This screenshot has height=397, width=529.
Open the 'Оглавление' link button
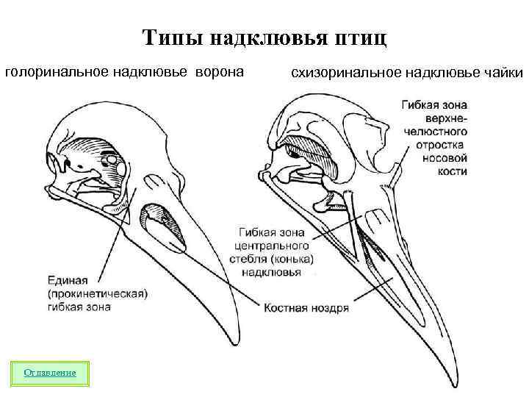pyautogui.click(x=50, y=373)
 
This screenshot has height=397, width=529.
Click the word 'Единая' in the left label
pyautogui.click(x=68, y=280)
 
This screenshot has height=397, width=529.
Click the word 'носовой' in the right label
pyautogui.click(x=445, y=158)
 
